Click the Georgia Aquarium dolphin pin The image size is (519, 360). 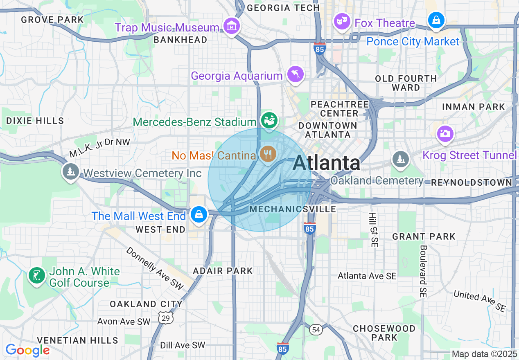click(296, 74)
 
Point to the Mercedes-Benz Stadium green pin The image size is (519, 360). click(269, 121)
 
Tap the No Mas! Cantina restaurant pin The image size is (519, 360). click(268, 154)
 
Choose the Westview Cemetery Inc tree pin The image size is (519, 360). click(71, 171)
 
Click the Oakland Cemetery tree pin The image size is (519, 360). click(400, 159)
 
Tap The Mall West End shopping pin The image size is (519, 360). click(199, 214)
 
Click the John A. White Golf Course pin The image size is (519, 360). click(36, 276)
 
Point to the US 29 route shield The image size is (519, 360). click(165, 317)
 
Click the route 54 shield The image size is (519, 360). click(315, 330)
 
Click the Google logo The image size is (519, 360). click(27, 350)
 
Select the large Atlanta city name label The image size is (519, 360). click(326, 163)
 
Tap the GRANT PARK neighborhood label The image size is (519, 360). click(424, 236)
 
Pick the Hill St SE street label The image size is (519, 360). click(374, 229)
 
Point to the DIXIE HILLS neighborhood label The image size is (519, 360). click(35, 121)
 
